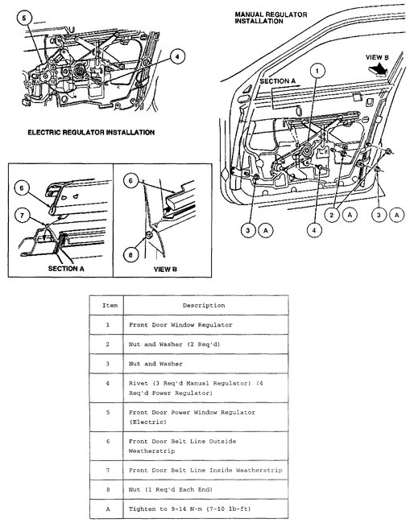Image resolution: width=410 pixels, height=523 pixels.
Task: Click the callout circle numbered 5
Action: click(24, 18)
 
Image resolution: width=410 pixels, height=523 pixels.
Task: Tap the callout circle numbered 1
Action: click(317, 70)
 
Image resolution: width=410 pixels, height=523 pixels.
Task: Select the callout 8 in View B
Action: click(130, 255)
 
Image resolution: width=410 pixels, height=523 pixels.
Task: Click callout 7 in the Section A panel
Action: click(22, 215)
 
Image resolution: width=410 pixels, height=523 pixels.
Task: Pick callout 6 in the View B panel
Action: click(130, 180)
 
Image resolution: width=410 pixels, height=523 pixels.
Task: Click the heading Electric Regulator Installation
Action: click(91, 133)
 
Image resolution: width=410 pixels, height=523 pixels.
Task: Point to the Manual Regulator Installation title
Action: click(271, 18)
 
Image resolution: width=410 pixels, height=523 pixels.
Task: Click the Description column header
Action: click(204, 305)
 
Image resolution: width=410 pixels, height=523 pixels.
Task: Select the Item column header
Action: click(110, 305)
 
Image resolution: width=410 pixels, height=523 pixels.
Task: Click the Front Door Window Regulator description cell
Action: click(205, 325)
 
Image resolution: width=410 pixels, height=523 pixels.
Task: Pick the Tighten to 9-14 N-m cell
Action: click(205, 509)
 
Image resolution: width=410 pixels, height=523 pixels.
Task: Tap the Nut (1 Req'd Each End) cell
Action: click(205, 490)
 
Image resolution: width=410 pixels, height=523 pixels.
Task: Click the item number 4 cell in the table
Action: click(107, 388)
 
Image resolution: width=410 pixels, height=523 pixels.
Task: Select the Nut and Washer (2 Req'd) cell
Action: click(205, 344)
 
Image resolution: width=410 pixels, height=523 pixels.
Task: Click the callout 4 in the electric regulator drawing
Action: click(177, 56)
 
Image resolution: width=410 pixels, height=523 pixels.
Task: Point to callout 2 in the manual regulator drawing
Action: click(332, 215)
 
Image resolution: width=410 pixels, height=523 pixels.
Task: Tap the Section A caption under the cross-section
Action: click(66, 269)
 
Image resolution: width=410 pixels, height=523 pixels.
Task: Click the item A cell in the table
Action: click(107, 509)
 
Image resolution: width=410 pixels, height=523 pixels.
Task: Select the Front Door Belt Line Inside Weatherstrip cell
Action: click(205, 471)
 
